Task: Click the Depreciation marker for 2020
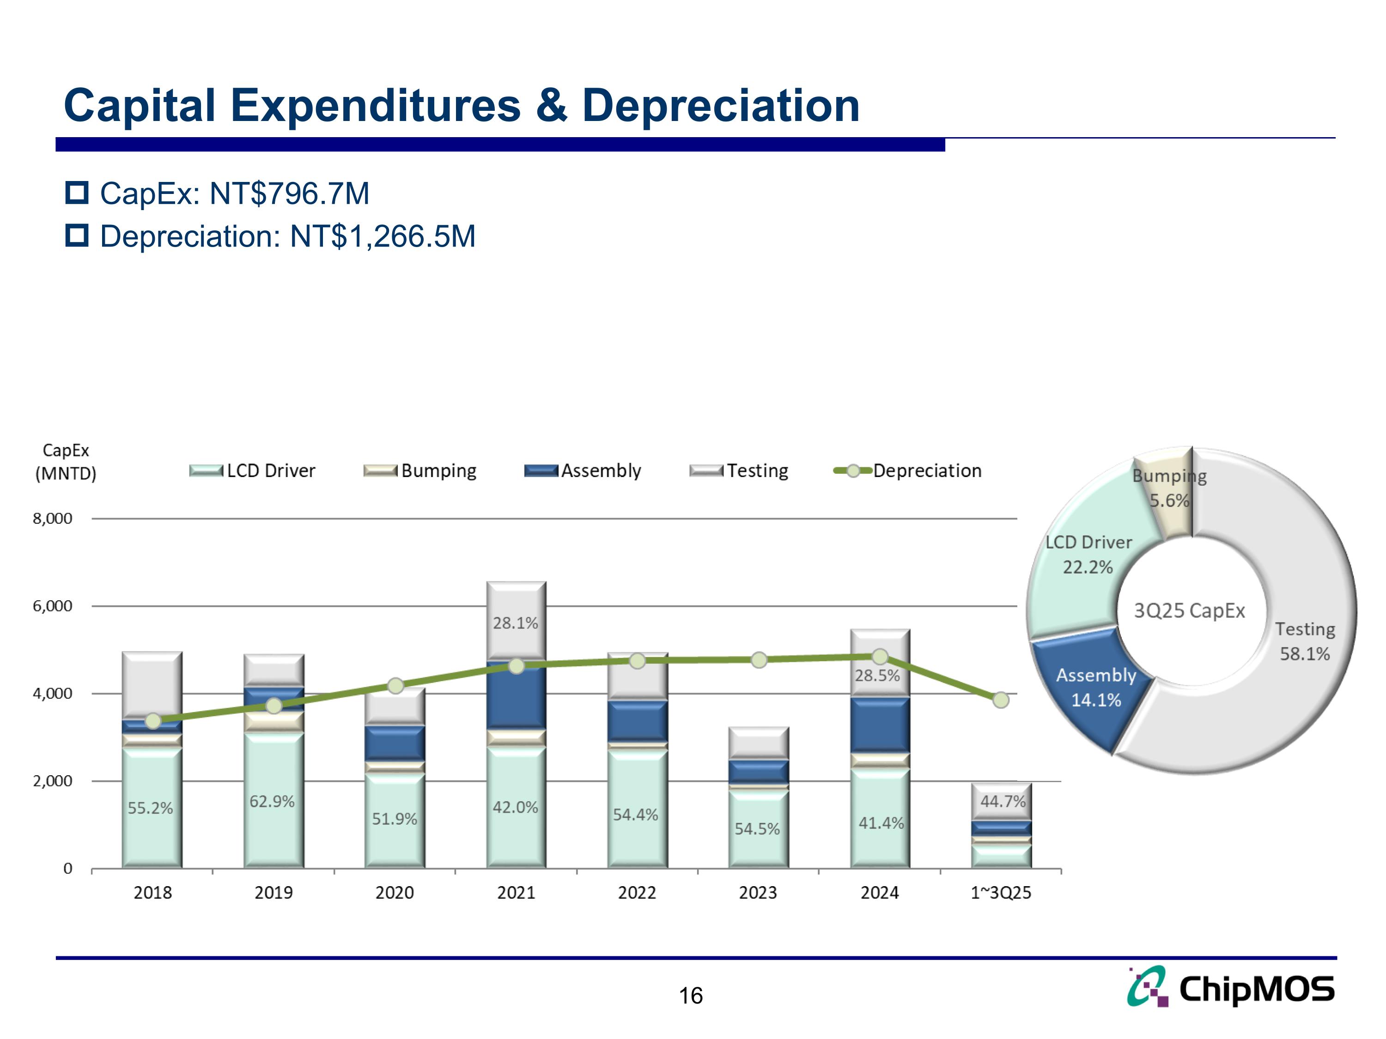[395, 686]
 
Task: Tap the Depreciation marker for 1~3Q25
[1001, 700]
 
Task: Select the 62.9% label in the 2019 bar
[272, 802]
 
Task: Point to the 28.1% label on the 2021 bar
[515, 623]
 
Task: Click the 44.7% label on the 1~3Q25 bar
[1003, 802]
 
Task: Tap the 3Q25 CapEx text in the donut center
[1189, 610]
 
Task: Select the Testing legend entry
[739, 471]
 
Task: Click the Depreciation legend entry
[909, 471]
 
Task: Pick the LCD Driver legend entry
[253, 471]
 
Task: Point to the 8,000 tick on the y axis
[53, 519]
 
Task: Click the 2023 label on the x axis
[758, 893]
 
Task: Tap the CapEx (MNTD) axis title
[66, 462]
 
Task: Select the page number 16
[691, 996]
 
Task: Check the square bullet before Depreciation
[77, 236]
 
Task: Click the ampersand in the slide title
[551, 105]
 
